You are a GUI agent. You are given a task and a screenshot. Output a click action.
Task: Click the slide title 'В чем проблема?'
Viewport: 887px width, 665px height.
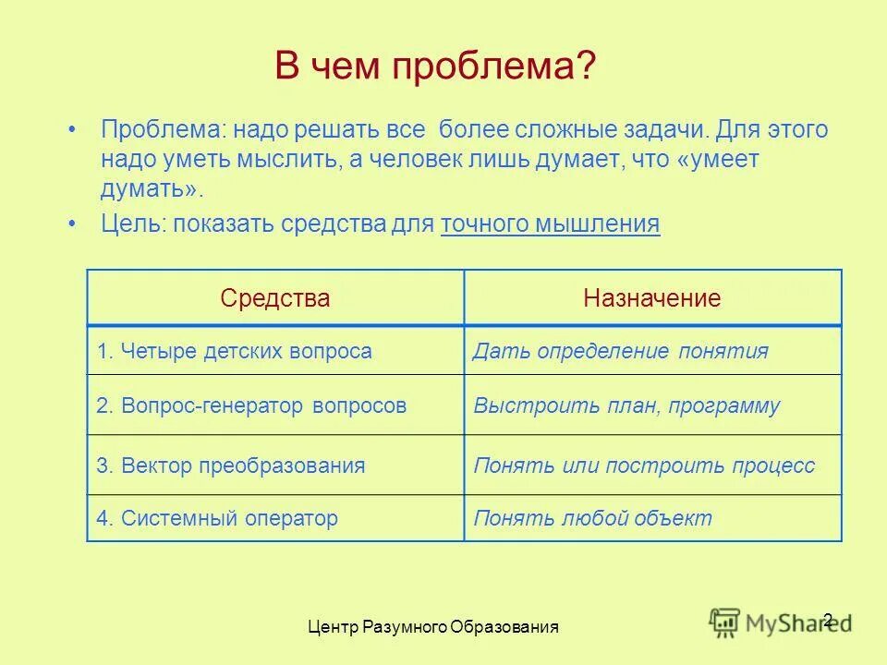click(x=435, y=68)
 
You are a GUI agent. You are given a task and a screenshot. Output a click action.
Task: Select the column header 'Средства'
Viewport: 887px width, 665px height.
click(x=274, y=298)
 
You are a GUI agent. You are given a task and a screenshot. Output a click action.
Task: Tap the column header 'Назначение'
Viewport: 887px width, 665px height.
click(x=651, y=298)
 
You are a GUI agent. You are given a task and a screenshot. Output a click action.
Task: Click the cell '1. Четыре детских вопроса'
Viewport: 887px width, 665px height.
click(x=235, y=351)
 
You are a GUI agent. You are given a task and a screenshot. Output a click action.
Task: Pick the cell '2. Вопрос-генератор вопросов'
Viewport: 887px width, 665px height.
click(x=251, y=405)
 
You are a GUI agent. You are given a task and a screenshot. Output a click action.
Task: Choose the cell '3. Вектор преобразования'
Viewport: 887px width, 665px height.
click(x=231, y=465)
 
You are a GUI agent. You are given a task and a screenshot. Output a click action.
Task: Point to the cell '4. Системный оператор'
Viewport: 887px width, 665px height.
click(x=217, y=518)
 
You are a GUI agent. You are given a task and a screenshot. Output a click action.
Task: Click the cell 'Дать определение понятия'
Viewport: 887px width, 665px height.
click(x=620, y=351)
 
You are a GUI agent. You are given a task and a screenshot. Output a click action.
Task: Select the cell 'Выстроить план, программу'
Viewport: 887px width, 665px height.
click(x=626, y=405)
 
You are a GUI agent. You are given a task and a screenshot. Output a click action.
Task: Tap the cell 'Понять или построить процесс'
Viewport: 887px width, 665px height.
click(x=644, y=465)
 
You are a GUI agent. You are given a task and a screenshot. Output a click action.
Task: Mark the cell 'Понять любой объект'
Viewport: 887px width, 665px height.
click(x=592, y=518)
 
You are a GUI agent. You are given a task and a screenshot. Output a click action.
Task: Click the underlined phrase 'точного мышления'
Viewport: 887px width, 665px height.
click(x=551, y=224)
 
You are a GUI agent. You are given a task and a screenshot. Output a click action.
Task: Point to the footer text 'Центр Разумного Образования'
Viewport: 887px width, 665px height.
click(x=433, y=627)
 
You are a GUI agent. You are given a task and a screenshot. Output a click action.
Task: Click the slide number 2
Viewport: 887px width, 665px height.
click(x=827, y=620)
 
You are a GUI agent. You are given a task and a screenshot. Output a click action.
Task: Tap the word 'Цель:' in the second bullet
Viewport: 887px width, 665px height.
click(x=132, y=224)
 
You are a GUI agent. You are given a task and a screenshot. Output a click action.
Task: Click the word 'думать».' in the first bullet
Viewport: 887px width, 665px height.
click(x=152, y=189)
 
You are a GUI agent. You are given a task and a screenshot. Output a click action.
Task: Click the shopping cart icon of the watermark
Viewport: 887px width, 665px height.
click(x=725, y=621)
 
